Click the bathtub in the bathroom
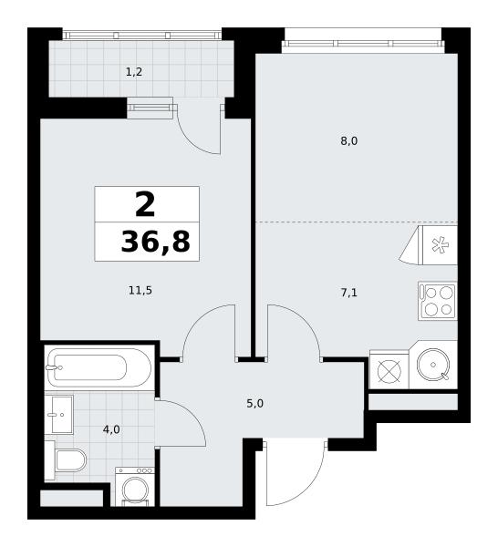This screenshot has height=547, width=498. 99,367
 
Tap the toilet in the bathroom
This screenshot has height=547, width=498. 70,460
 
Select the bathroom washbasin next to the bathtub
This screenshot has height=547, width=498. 58,415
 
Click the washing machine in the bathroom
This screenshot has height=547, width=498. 135,486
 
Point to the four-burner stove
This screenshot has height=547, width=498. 438,301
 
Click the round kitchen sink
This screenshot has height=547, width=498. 433,365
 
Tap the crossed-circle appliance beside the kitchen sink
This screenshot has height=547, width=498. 389,371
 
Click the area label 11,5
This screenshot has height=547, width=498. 140,290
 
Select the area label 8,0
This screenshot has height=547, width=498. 349,141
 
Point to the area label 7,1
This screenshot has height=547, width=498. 349,293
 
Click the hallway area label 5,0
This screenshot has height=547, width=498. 254,404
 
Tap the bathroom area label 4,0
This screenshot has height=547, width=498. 111,429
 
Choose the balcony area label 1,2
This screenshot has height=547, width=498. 134,72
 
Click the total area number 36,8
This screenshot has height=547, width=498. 156,242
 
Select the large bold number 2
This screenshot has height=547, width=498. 145,205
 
